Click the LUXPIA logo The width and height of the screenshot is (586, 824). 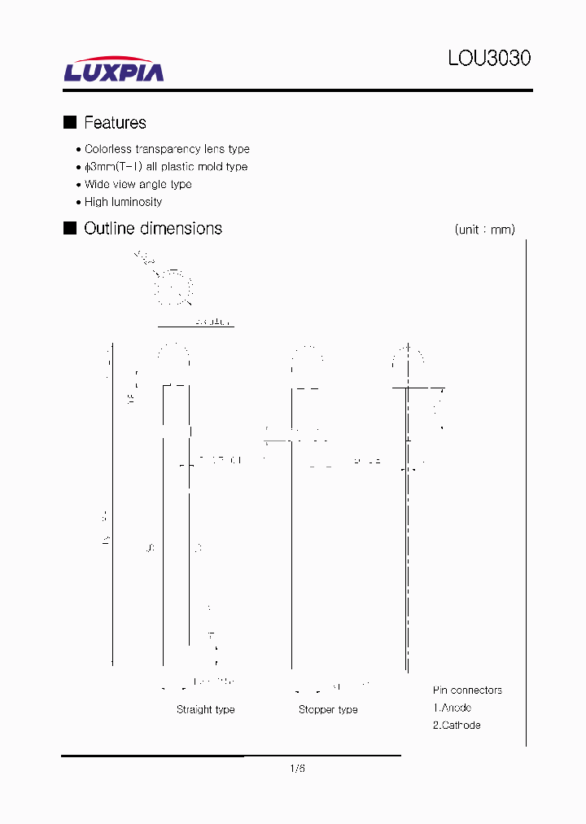click(114, 70)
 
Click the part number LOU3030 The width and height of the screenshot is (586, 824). click(489, 59)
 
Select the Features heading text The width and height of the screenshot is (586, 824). click(115, 123)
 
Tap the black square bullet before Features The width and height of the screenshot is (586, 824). click(70, 122)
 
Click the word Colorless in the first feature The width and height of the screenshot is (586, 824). click(107, 149)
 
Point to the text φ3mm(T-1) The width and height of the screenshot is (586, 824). click(114, 167)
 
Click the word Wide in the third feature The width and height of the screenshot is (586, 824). click(98, 185)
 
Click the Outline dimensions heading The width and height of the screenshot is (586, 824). click(153, 229)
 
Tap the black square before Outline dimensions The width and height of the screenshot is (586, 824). click(70, 228)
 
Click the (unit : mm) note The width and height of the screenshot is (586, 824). click(484, 230)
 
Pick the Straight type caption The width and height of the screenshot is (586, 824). click(205, 710)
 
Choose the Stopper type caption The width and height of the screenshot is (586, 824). click(328, 710)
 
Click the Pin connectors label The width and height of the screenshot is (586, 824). click(467, 690)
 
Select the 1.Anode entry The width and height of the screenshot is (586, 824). click(452, 708)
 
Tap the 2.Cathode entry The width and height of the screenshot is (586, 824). click(456, 725)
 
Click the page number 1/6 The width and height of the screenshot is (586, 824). click(297, 769)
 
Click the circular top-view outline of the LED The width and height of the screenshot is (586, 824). click(173, 287)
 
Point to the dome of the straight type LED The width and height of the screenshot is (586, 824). click(173, 355)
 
